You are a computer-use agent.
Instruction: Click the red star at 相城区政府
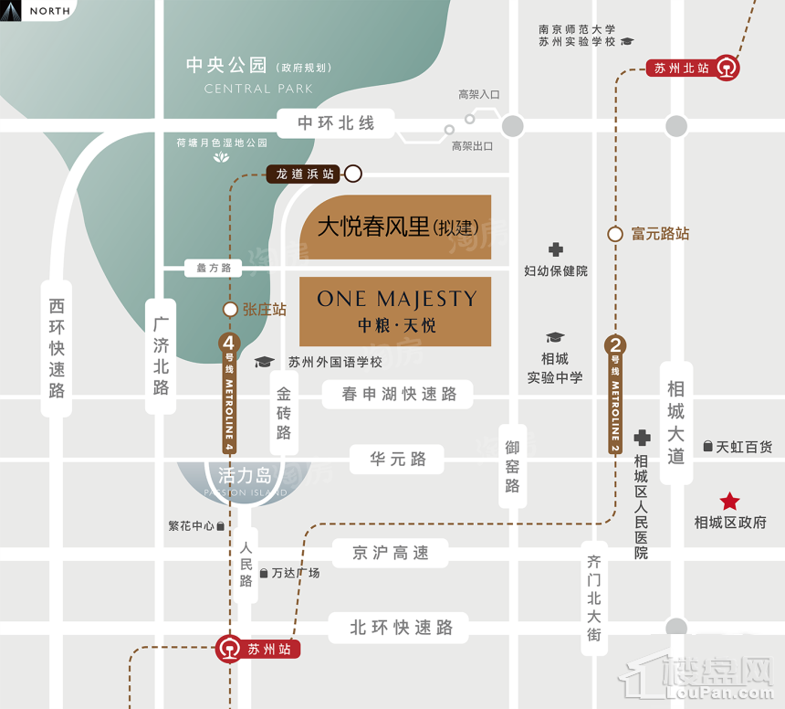coord(730,501)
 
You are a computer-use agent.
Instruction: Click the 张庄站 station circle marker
coord(231,310)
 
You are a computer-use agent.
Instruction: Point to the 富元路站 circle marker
coord(615,234)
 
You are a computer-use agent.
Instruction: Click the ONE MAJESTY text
coord(396,299)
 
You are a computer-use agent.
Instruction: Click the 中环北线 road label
coord(336,122)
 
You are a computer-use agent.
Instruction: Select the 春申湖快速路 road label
coord(398,395)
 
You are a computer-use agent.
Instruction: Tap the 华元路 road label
coord(398,459)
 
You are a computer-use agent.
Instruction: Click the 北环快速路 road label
coord(402,628)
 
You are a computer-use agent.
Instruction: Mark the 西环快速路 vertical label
coord(58,348)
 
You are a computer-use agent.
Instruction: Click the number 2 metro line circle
coord(616,345)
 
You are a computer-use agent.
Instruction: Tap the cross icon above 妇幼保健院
coord(555,249)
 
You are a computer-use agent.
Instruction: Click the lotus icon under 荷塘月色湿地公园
coord(223,158)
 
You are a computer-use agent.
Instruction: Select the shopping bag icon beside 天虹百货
coord(707,447)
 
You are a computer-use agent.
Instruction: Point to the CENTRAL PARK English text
coord(258,89)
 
